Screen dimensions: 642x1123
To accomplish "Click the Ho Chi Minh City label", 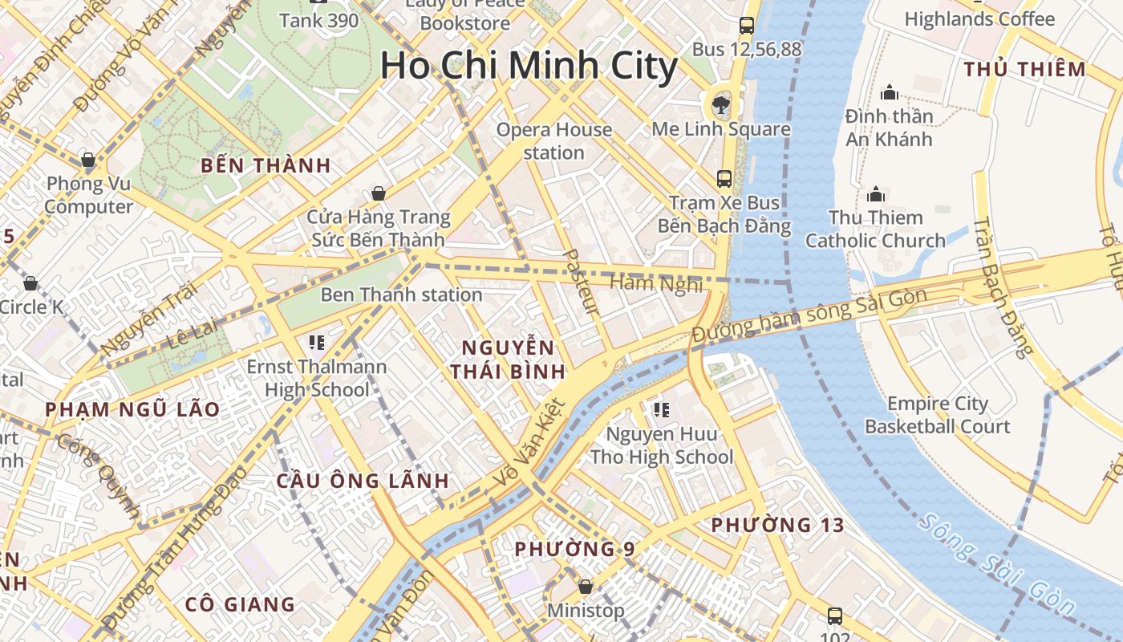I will [x=529, y=66].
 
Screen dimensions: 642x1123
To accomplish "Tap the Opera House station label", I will [x=553, y=141].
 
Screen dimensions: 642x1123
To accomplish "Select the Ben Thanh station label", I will [x=401, y=295].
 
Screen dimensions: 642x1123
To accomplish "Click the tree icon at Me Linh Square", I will [x=720, y=104].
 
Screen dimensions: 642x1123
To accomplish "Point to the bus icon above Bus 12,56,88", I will [x=746, y=26].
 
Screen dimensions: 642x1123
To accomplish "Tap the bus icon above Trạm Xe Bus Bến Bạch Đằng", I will [x=724, y=178].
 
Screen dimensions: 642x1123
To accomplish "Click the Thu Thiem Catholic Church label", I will [x=875, y=229].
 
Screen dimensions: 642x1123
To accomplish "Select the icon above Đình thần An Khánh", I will [x=889, y=93].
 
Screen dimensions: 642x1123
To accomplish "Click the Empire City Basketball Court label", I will [x=937, y=415].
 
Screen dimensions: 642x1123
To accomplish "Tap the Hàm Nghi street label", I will [x=656, y=283].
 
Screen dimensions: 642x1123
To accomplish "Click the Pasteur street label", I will [x=581, y=282].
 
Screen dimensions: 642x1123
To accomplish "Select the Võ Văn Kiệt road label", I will [x=529, y=442].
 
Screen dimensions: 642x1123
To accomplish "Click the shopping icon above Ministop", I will [x=586, y=587].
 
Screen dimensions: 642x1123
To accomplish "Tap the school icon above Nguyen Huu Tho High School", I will [x=661, y=411].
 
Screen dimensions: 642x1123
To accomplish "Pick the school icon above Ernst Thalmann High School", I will [x=316, y=343].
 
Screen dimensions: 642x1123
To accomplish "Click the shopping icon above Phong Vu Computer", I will [x=88, y=160].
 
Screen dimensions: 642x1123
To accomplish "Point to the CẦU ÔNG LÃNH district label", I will [x=363, y=481].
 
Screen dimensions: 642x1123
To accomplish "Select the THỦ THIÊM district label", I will [x=1025, y=69].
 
